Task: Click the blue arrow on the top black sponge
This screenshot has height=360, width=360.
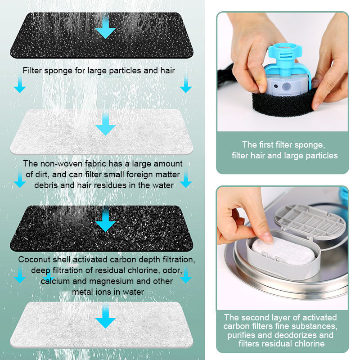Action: point(105,27)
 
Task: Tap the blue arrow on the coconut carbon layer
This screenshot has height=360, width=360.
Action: point(105,220)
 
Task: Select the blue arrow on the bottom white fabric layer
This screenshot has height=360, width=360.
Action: point(105,316)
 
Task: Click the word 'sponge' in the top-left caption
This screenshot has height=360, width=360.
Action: point(58,71)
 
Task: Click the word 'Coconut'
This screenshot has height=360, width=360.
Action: point(35,260)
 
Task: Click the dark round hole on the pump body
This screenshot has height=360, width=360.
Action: point(276,86)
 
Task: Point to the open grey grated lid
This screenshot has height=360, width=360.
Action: point(310,221)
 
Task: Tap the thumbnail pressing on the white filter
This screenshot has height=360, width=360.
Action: point(267,237)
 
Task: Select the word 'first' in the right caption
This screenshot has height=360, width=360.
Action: point(266,145)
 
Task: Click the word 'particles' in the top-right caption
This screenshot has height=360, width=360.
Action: point(322,156)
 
